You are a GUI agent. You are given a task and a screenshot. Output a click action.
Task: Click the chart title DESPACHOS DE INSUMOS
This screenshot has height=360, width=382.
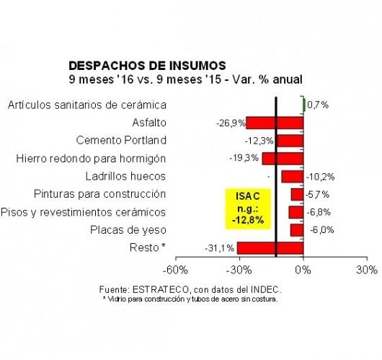[x=147, y=66]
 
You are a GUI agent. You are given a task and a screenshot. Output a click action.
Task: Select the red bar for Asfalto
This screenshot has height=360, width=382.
[x=275, y=123]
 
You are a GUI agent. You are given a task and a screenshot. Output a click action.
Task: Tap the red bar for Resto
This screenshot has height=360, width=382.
[x=270, y=248]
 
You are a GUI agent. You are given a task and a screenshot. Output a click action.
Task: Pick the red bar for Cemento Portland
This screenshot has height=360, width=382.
[x=290, y=141]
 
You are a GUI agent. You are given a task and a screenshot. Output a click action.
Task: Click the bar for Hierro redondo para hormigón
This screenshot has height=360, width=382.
[x=283, y=159]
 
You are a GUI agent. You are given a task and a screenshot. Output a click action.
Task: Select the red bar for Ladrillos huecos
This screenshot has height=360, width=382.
[x=293, y=176]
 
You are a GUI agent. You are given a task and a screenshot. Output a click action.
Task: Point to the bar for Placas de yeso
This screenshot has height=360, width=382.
[x=297, y=230]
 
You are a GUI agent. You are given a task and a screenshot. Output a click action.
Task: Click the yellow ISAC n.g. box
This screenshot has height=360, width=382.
[x=248, y=208]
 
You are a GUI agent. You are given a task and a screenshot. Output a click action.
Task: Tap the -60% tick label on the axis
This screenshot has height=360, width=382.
[x=175, y=270]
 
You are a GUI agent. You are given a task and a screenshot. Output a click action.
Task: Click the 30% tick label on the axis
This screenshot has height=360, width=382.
[x=367, y=270]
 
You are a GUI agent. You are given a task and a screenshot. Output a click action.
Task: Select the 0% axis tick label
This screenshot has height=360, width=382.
[x=303, y=270]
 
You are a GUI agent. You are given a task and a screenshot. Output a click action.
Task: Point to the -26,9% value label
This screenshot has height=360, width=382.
[x=231, y=123]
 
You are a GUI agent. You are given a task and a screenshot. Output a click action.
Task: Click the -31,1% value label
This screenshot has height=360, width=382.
[x=220, y=248]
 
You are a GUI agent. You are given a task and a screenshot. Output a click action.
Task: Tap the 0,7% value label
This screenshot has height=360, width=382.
[x=318, y=105]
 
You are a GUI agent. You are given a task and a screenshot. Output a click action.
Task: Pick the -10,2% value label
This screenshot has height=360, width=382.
[x=320, y=177]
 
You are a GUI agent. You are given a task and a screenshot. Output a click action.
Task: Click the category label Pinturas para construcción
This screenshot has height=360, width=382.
[x=100, y=194]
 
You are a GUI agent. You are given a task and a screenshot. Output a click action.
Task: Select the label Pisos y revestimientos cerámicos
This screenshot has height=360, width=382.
[x=84, y=212]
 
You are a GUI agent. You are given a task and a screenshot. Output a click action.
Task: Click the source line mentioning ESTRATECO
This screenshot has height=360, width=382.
[x=190, y=289]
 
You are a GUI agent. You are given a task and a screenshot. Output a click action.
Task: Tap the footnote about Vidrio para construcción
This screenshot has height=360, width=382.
[x=190, y=299]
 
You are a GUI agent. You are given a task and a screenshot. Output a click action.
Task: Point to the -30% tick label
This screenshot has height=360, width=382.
[x=239, y=270]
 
